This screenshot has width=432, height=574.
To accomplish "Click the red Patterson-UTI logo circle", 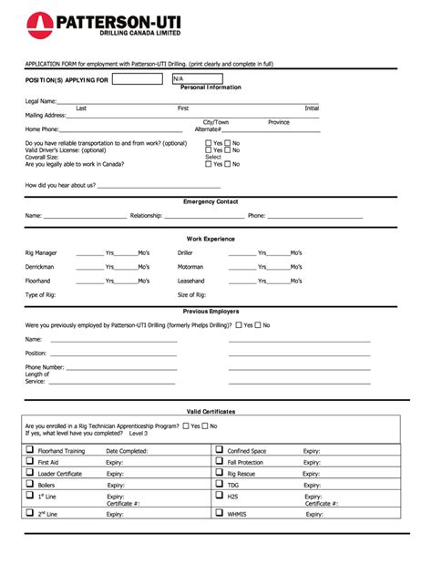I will coord(40,26).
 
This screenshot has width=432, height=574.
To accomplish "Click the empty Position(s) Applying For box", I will coord(139,78).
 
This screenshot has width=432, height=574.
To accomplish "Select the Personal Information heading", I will coord(211,87).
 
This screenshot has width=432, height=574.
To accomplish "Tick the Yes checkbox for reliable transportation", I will coord(209,143).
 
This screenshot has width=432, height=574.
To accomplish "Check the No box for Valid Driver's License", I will coord(228,149).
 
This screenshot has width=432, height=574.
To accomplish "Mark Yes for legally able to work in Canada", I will coord(209,164).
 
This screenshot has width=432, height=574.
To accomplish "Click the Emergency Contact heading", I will coord(211,201).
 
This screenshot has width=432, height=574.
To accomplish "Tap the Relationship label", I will coord(146,216).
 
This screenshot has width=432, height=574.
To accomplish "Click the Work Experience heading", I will coord(211,239).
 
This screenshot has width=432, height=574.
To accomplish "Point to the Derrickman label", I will coord(39,267).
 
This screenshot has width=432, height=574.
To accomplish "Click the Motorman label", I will coord(190,267).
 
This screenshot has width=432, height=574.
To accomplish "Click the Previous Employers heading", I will coord(211,311).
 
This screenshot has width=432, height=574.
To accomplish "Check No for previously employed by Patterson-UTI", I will coord(258,324).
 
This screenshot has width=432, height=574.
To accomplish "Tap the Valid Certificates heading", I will coord(211,412).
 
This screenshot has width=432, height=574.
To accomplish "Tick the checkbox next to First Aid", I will coord(29,462).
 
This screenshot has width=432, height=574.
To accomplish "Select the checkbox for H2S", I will coord(219,497).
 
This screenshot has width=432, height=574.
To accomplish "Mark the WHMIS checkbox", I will coord(219,513).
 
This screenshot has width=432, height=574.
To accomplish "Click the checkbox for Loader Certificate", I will coord(29,474).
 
